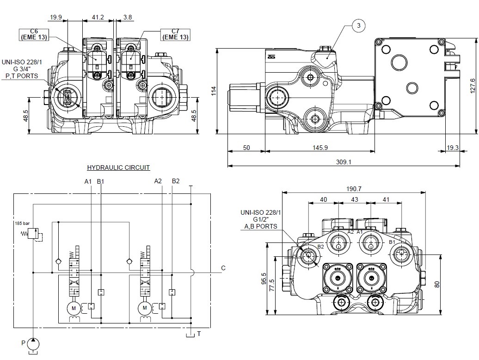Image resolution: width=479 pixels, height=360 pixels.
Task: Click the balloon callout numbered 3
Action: [x=359, y=26]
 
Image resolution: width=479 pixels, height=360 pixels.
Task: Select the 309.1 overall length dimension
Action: [x=343, y=162]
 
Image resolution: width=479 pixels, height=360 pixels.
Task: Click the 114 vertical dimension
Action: [x=213, y=91]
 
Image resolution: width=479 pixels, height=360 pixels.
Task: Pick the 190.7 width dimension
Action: [x=354, y=188]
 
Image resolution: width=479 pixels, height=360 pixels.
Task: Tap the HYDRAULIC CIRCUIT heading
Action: [x=118, y=168]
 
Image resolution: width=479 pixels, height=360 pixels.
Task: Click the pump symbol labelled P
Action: [x=34, y=344]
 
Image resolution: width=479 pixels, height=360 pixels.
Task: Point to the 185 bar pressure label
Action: [x=22, y=223]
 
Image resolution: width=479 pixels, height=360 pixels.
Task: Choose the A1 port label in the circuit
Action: [x=88, y=181]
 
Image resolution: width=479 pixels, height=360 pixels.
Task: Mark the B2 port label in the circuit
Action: [x=176, y=181]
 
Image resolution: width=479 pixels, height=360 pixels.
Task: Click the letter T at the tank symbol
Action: [x=199, y=334]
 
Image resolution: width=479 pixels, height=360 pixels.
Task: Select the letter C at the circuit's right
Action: [x=223, y=268]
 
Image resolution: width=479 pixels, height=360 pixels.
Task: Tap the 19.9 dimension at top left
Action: [x=55, y=17]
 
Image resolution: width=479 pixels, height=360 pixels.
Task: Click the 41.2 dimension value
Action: [x=98, y=17]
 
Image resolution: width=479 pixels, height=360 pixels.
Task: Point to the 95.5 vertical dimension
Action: [x=264, y=279]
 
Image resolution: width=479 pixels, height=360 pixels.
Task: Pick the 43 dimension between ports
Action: [x=355, y=199]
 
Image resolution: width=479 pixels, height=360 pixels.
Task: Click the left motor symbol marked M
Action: [x=74, y=307]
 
